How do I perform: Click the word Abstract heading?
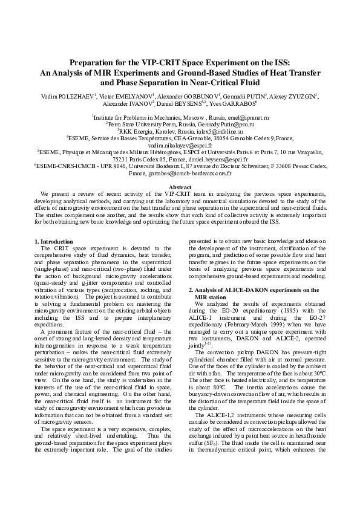[x=180, y=188]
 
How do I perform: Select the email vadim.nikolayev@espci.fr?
[x=180, y=145]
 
